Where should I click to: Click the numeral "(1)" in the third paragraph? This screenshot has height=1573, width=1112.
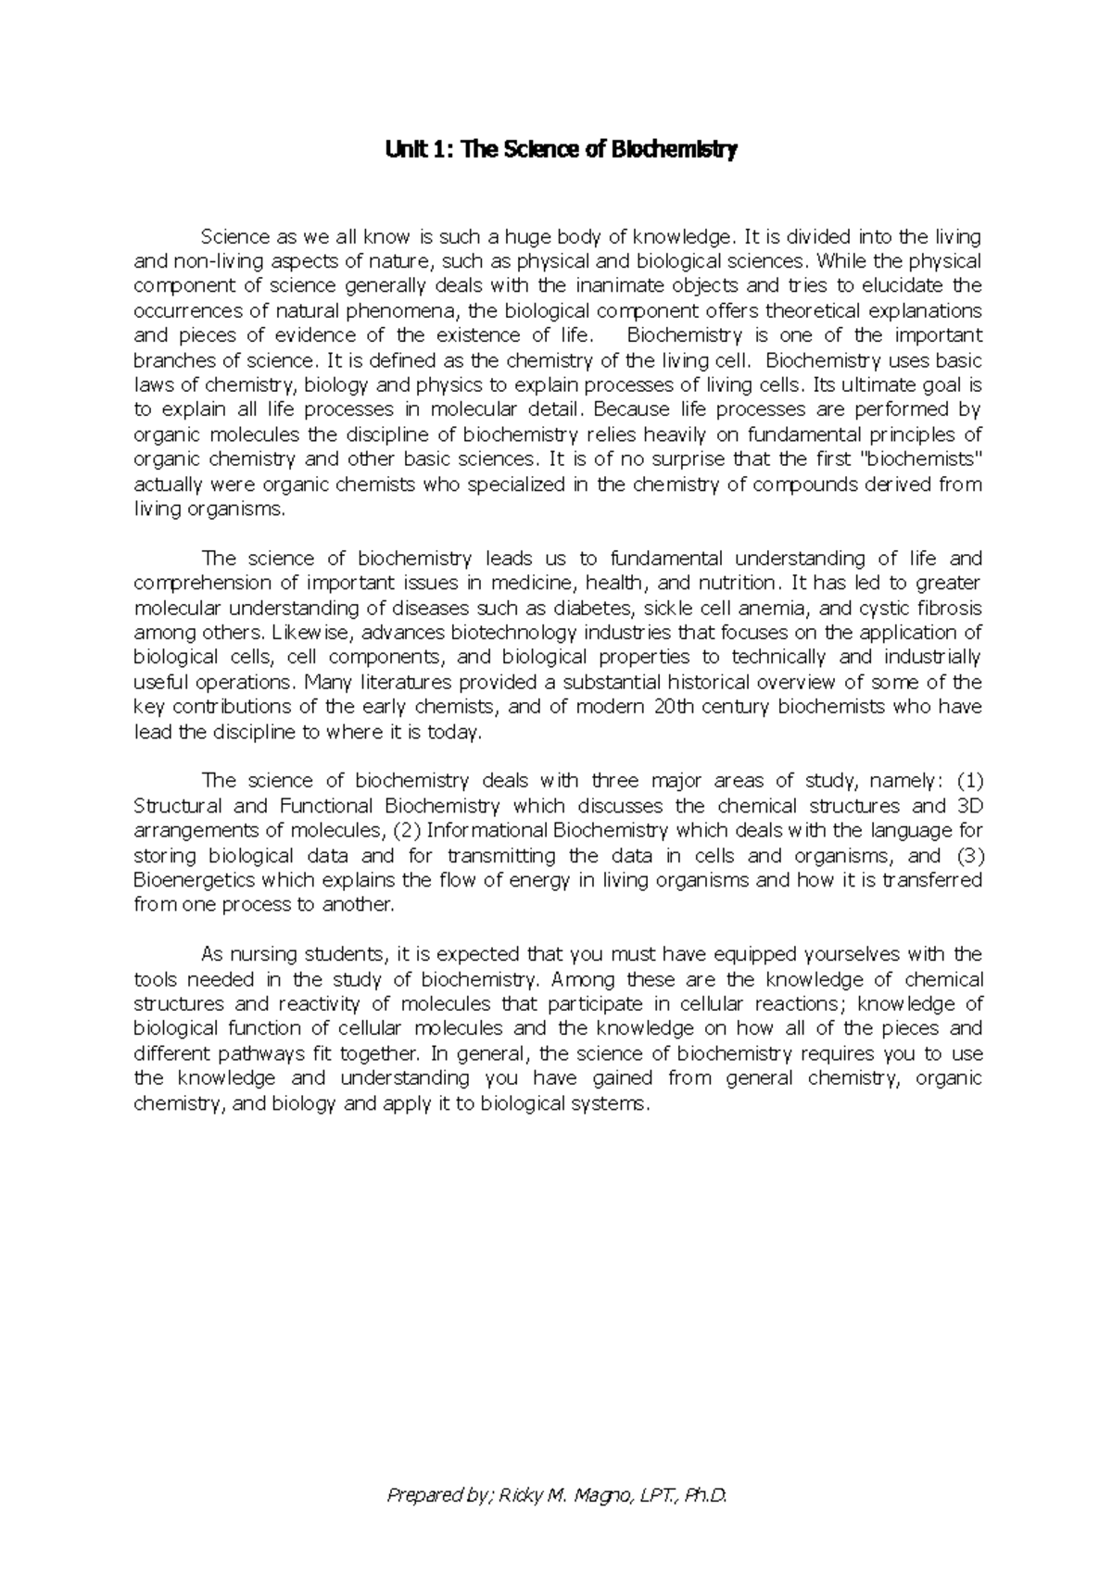(965, 781)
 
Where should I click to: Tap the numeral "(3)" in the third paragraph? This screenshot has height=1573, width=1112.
(965, 856)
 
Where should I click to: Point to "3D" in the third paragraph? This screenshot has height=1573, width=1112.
(967, 806)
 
